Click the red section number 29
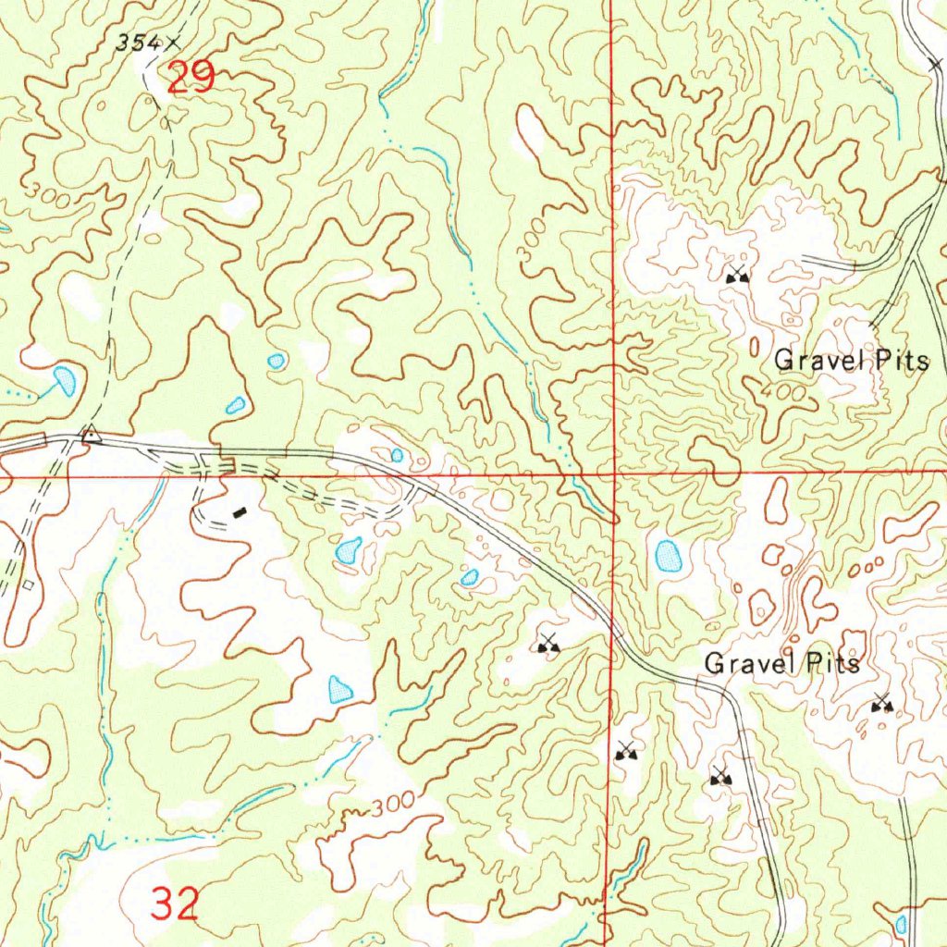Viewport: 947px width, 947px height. click(x=191, y=78)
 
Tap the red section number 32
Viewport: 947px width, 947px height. click(x=175, y=904)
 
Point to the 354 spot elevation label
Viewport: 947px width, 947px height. click(x=136, y=42)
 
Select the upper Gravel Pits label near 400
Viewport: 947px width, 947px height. click(x=851, y=361)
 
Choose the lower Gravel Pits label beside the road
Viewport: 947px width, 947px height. click(x=781, y=663)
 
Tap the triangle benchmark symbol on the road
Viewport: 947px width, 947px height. click(x=90, y=435)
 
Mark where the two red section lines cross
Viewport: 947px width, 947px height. click(x=612, y=475)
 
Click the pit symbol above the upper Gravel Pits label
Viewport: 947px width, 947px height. click(x=737, y=274)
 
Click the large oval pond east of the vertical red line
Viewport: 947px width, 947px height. click(x=668, y=556)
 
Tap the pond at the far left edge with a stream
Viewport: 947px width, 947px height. click(x=65, y=379)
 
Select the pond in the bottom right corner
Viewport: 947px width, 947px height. click(x=901, y=923)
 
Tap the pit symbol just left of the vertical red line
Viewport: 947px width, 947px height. click(x=549, y=644)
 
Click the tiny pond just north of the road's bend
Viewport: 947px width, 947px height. click(x=397, y=455)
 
